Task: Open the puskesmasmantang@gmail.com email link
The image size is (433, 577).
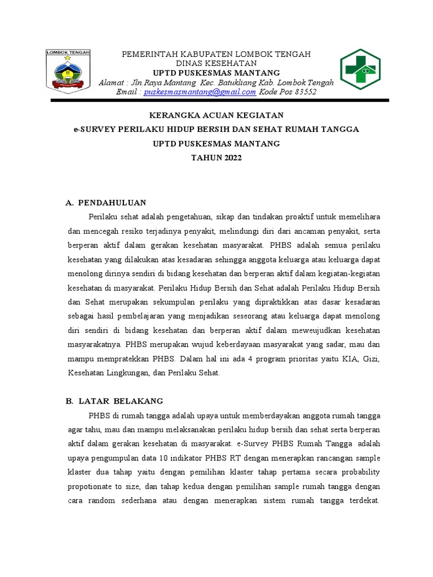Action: click(x=200, y=92)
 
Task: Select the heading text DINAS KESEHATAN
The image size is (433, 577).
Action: click(x=216, y=63)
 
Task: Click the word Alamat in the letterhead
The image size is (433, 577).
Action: click(x=111, y=82)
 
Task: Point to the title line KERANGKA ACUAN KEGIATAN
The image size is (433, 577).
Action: click(x=216, y=115)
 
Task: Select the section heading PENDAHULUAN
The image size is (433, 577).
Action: click(x=112, y=202)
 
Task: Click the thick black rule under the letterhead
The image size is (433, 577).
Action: click(x=220, y=100)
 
